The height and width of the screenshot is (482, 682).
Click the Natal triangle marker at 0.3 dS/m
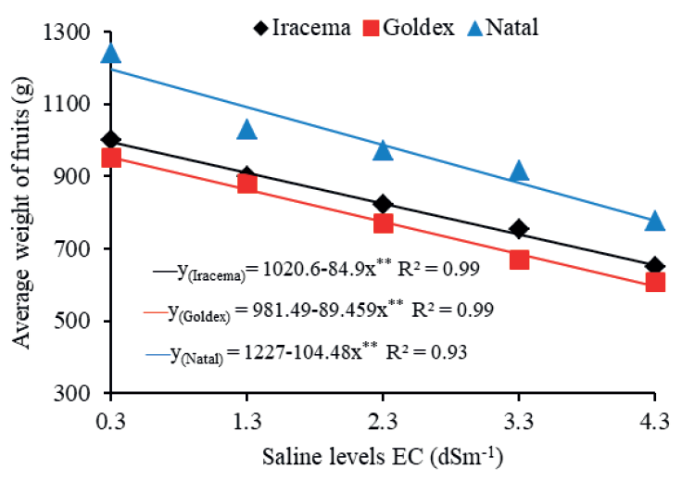(111, 53)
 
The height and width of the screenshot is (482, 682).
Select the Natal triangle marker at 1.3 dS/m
(246, 129)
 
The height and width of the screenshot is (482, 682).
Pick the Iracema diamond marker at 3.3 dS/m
(519, 229)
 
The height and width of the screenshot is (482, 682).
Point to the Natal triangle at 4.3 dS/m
(655, 221)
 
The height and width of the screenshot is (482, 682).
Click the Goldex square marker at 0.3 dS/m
(111, 157)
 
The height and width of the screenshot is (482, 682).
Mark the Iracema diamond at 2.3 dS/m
(383, 204)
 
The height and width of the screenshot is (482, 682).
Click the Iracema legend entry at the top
(301, 27)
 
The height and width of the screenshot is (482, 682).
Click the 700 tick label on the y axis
(72, 249)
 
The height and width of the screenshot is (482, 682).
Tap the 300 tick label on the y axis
(72, 394)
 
